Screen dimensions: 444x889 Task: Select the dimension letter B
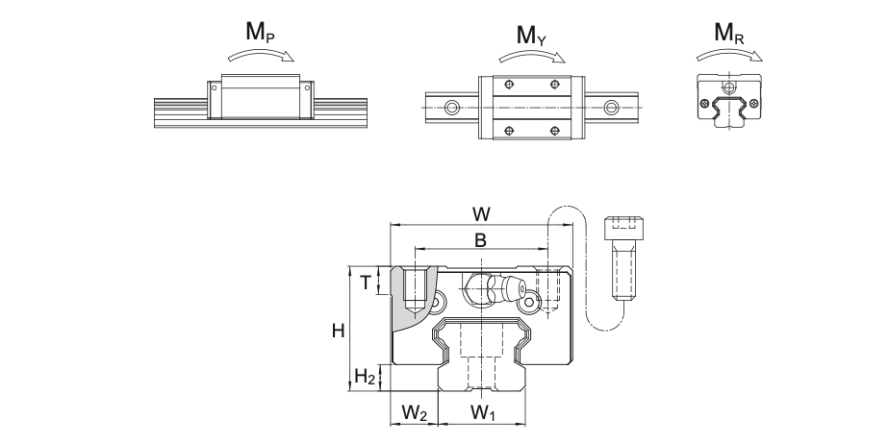point(480,240)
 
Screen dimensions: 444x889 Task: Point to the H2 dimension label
point(365,377)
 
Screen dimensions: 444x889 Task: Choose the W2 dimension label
point(414,413)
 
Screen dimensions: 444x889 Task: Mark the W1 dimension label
point(482,413)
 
